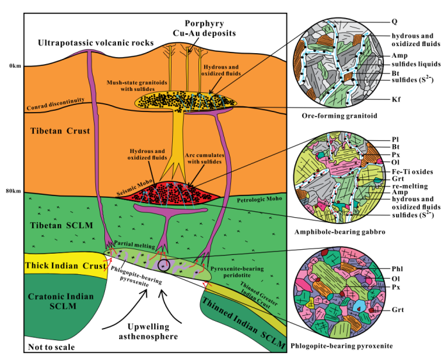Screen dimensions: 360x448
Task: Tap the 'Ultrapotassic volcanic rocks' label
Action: pos(96,43)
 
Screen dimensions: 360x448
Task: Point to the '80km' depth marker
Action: pos(12,192)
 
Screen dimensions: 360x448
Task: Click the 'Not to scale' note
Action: pos(51,347)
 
